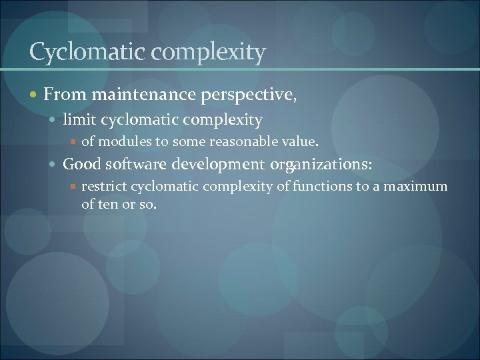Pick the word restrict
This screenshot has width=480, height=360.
click(104, 186)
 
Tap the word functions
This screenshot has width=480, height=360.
click(316, 186)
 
